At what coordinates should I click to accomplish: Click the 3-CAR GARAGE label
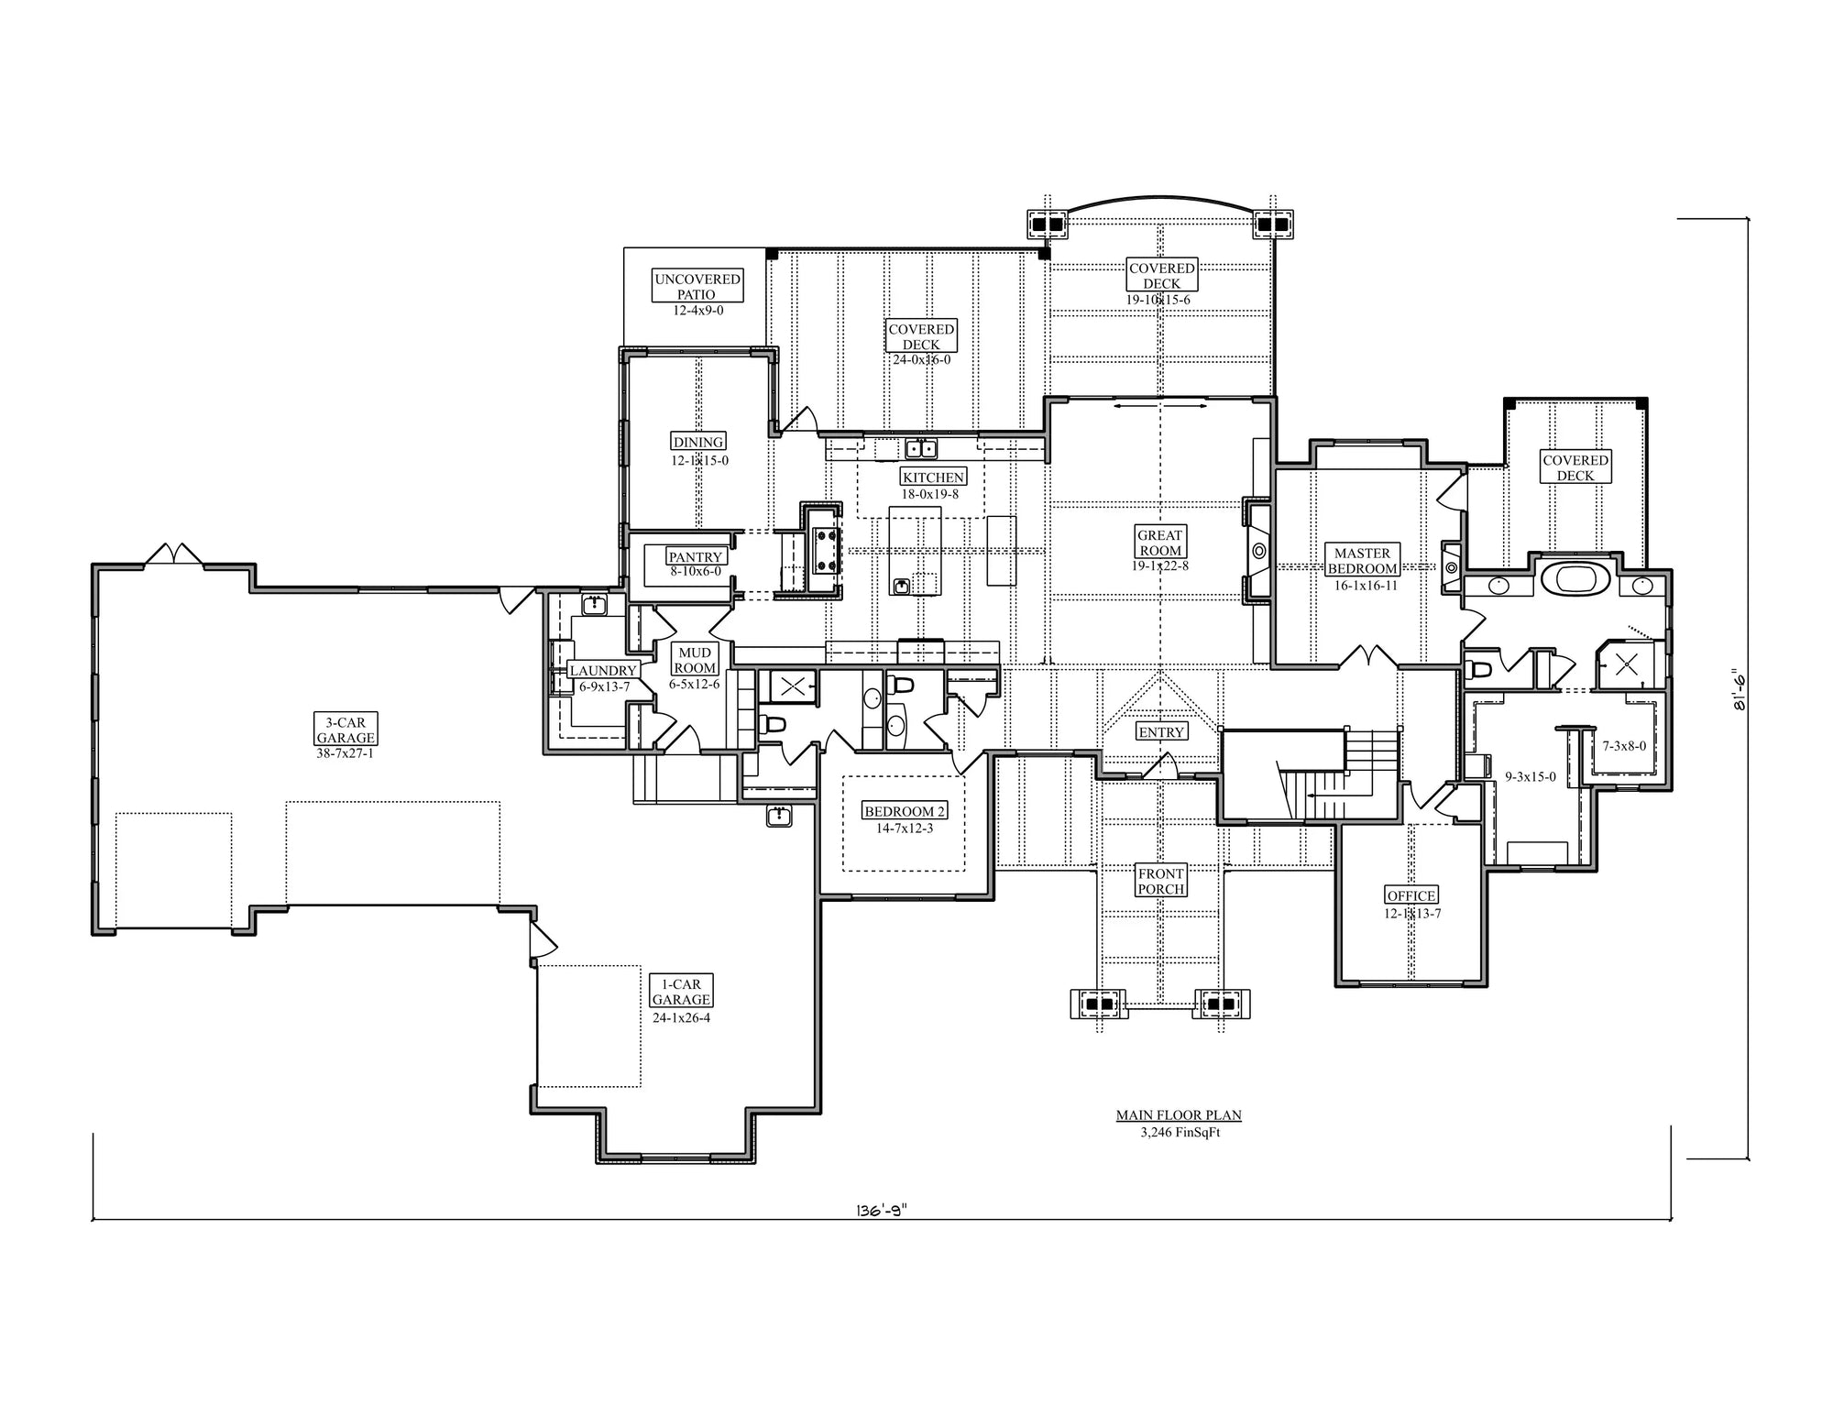346,730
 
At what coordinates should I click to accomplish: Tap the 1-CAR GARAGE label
680,992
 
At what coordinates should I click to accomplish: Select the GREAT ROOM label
1159,543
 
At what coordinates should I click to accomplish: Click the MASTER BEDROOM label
1362,560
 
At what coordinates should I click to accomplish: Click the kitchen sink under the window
920,448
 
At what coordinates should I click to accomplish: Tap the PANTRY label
696,556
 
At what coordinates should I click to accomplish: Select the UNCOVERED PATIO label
697,286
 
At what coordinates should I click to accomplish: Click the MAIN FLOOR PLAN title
1179,1115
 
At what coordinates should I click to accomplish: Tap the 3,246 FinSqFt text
1180,1132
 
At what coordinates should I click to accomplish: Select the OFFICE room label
1410,895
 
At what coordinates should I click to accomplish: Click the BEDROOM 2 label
904,811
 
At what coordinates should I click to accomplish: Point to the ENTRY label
1161,731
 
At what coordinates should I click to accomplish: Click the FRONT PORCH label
1160,881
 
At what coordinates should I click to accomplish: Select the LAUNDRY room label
602,671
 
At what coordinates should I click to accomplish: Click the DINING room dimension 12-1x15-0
699,461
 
